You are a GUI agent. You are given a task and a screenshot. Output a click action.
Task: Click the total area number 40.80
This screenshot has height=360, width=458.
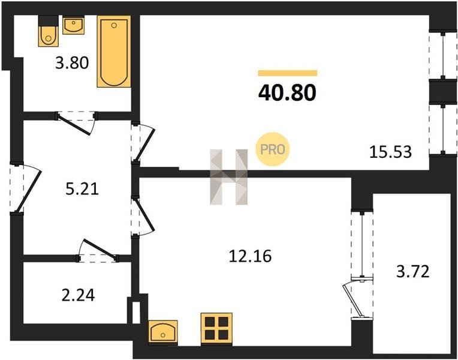coord(287,92)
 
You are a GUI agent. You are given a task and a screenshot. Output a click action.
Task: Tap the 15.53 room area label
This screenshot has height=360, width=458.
coord(390,152)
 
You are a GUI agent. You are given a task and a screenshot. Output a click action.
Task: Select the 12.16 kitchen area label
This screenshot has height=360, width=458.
coord(250,256)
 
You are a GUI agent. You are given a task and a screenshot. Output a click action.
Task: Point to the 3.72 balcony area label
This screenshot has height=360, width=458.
coord(412,271)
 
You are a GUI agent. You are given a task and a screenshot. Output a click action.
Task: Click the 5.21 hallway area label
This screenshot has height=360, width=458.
coord(82,189)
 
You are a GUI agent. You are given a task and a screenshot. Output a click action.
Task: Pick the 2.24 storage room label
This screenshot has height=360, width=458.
coord(79,295)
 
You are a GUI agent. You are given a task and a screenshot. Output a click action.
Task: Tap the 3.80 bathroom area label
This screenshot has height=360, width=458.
coord(72,63)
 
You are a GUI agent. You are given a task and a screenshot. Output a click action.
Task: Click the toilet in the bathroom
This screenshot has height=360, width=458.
coord(49,31)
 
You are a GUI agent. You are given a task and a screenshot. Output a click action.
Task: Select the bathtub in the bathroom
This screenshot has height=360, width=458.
coord(114,52)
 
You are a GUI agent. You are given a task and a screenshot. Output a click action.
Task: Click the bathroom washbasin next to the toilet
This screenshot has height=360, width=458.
coord(74,25)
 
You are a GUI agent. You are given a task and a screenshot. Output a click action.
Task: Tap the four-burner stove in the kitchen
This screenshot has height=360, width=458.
coord(216,328)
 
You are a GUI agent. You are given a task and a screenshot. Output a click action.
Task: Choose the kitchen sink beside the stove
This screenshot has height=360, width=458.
coord(163,332)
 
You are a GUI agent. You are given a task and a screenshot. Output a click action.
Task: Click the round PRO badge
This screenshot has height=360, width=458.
coord(273,149)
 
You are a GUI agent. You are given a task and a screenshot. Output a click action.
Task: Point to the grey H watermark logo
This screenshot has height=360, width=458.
coord(229,177)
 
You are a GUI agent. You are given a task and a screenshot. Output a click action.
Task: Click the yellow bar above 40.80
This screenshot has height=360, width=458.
coord(287,73)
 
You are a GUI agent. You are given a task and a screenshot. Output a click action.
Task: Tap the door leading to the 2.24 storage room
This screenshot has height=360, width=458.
coord(98,251)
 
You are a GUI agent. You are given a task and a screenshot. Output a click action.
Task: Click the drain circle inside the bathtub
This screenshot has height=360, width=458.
coord(115,25)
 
